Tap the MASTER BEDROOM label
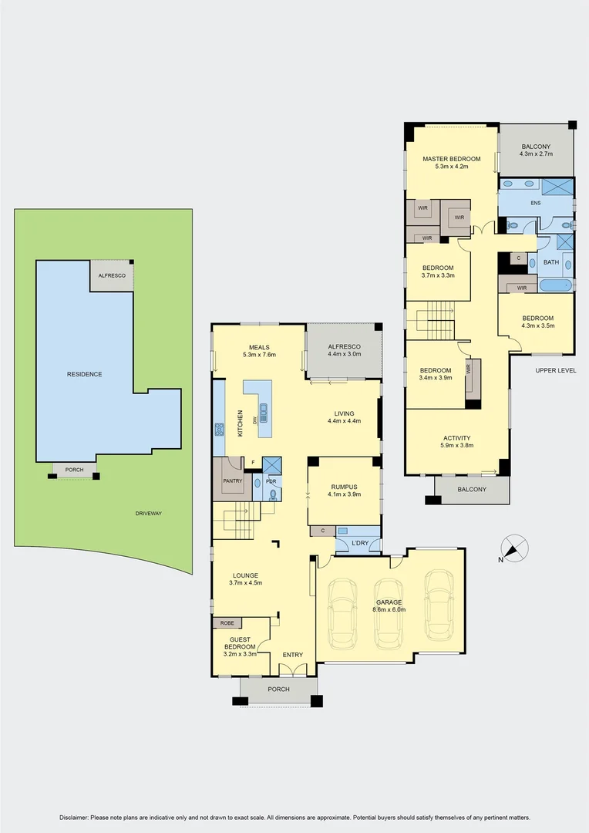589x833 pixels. [451, 159]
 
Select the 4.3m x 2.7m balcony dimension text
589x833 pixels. [536, 154]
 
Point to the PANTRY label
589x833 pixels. [232, 481]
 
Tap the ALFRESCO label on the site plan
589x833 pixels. [112, 275]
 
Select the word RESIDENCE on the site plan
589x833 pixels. [84, 374]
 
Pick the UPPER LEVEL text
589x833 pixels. [556, 371]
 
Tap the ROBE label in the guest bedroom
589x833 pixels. [227, 623]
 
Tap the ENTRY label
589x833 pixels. [292, 655]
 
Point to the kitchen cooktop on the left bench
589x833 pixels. [219, 430]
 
